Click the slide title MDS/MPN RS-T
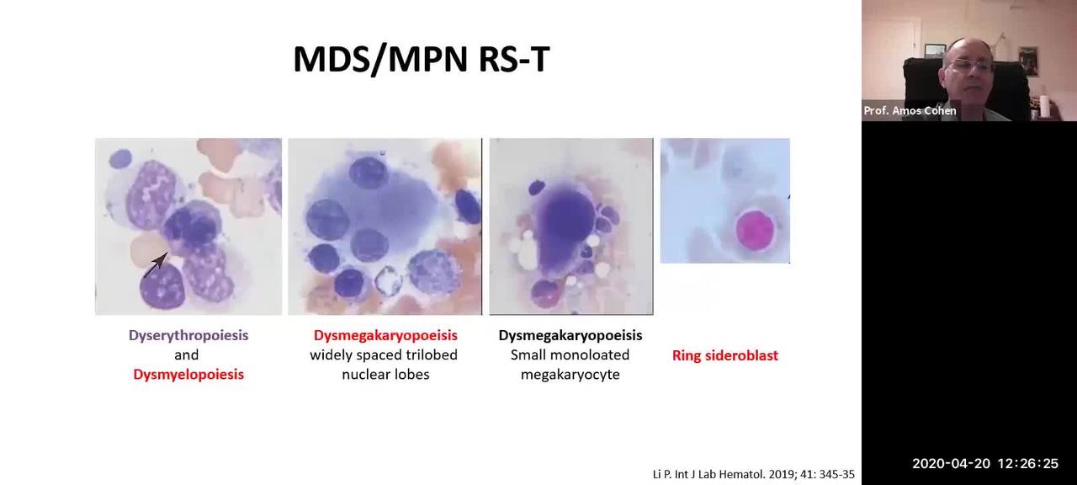(x=422, y=60)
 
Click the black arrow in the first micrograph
(x=156, y=264)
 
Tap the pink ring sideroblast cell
(x=756, y=230)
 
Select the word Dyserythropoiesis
(x=188, y=335)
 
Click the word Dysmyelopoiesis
(x=188, y=375)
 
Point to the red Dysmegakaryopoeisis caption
(x=385, y=335)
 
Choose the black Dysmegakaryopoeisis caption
(x=570, y=335)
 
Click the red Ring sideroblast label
(x=725, y=355)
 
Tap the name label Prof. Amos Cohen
(x=910, y=110)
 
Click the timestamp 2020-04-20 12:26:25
(x=985, y=464)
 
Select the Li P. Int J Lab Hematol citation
(x=753, y=474)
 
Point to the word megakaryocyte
(x=570, y=375)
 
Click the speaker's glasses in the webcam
(x=971, y=66)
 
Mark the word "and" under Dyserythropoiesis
(x=187, y=355)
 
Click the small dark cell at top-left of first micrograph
(x=120, y=158)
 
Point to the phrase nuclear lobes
(x=385, y=375)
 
